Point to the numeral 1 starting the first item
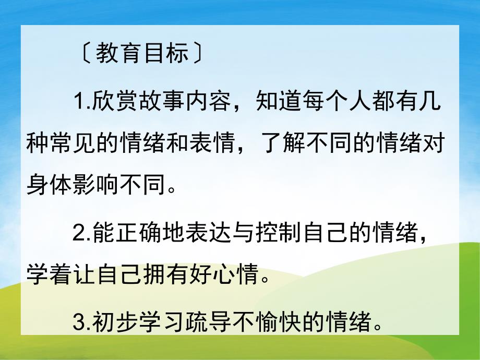[79, 103]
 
